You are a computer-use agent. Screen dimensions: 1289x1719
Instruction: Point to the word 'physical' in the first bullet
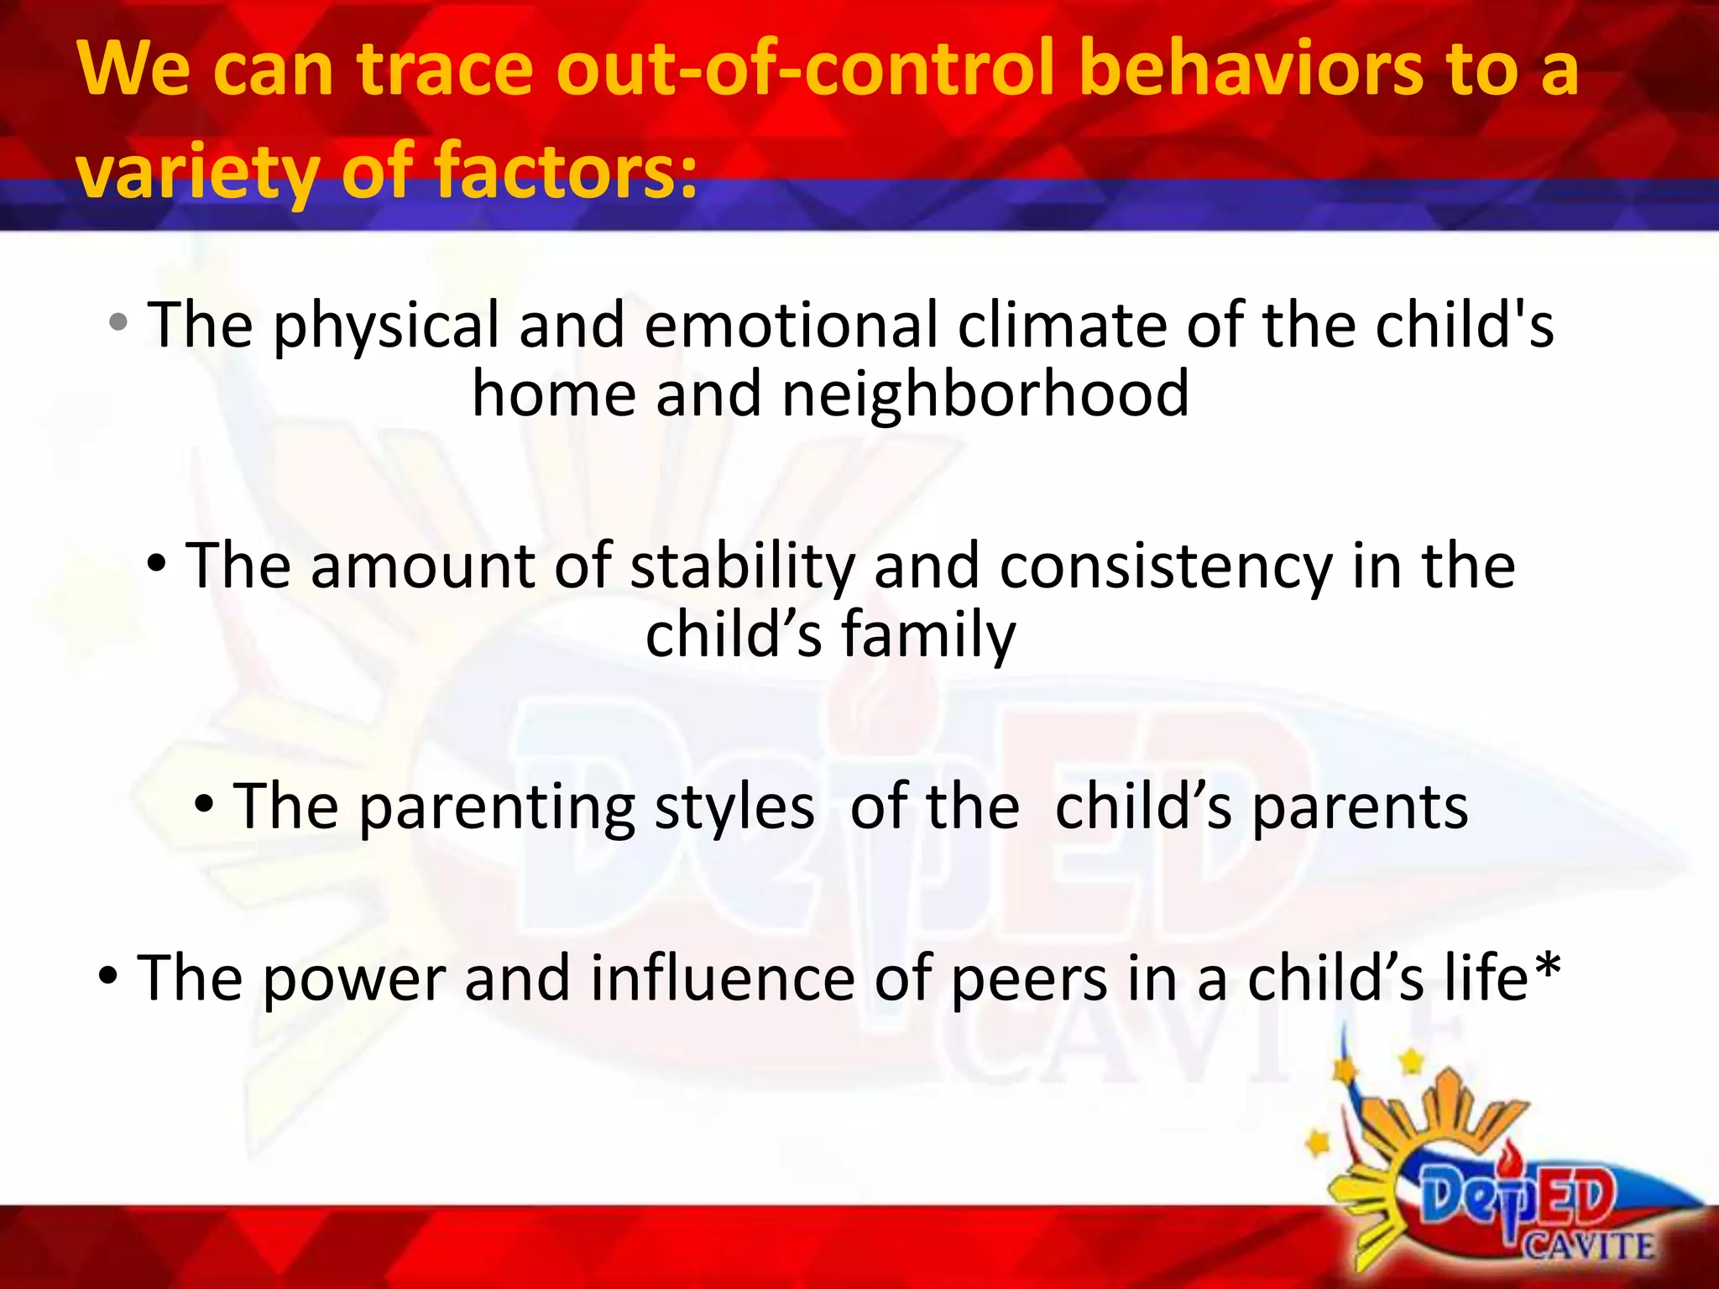[386, 327]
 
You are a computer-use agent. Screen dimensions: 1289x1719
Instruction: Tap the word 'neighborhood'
[985, 394]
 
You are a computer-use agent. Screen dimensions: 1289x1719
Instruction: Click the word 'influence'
[723, 978]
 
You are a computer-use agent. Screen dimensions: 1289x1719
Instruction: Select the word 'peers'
[1029, 980]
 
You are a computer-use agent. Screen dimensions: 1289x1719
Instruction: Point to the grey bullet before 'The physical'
[118, 321]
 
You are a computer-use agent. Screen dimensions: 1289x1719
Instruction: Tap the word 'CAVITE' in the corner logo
[1589, 1246]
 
